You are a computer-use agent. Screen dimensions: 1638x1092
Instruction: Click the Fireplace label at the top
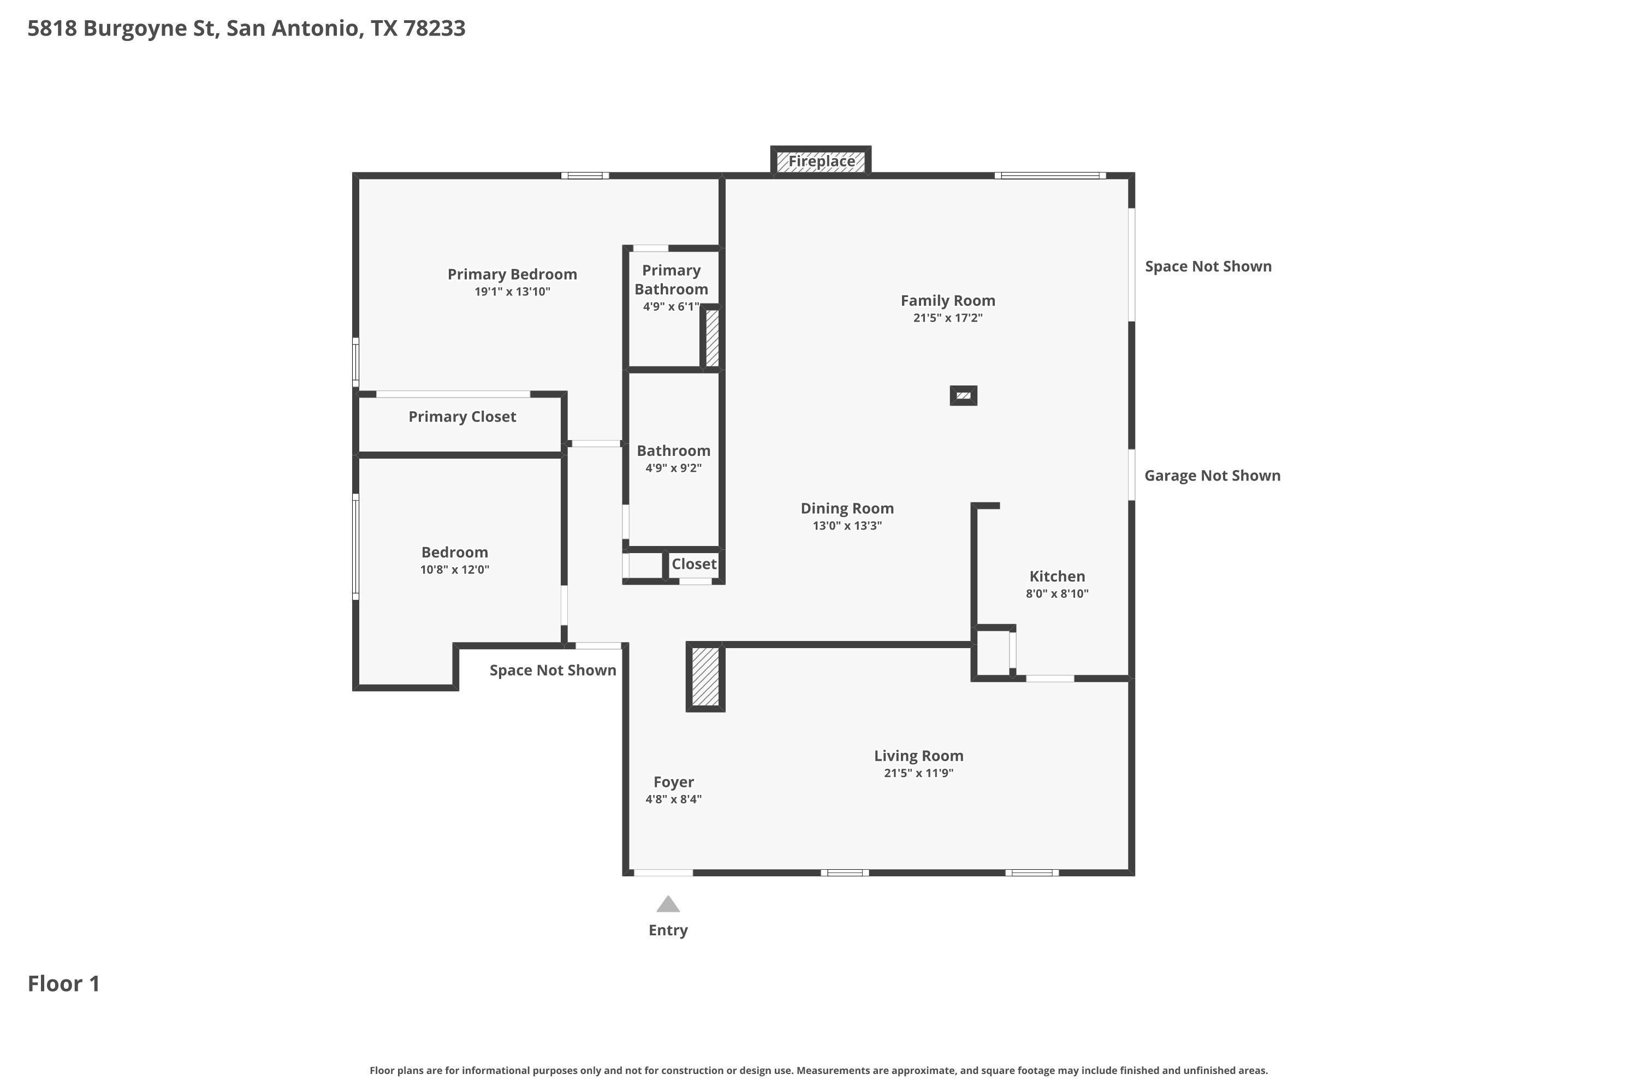821,162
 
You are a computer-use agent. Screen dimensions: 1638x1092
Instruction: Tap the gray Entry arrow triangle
668,904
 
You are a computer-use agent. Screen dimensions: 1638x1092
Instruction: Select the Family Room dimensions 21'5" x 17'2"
948,318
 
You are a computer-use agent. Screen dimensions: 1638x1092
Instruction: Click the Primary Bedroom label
512,275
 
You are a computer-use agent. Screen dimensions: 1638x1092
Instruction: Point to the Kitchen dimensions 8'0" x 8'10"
1057,594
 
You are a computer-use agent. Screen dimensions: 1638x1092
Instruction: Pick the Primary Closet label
462,417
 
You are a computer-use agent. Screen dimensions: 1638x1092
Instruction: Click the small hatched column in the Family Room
963,395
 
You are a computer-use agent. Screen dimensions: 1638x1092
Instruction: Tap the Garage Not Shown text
1213,476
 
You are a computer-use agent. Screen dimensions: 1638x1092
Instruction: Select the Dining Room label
847,509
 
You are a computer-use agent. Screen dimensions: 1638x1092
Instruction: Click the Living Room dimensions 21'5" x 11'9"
918,773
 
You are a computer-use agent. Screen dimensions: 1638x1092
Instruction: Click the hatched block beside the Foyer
705,677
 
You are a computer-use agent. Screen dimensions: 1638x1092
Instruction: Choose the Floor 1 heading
63,983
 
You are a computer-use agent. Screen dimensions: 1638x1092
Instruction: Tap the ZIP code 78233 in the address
434,28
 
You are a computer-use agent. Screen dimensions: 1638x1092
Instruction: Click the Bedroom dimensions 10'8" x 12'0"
454,569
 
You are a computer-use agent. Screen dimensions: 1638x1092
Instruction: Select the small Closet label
693,564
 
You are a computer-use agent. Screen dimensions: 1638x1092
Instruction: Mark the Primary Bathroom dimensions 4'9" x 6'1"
670,306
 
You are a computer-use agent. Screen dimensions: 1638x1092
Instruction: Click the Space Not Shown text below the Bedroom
553,670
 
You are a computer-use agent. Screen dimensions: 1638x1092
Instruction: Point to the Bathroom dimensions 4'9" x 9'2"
673,468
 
